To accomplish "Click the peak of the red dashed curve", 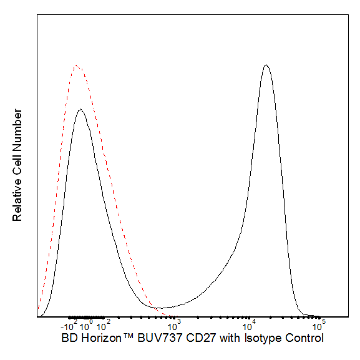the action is coord(75,66).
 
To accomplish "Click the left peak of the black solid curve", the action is coord(80,110).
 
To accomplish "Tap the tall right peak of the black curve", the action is coord(266,65).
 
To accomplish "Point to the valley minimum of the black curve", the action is coord(162,308).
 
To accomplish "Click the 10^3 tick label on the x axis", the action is coord(174,325).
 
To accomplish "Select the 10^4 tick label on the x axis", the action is coord(249,325).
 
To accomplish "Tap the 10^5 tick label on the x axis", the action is coord(319,325).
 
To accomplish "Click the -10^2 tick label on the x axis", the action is coord(69,325).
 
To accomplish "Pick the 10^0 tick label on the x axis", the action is coord(86,325).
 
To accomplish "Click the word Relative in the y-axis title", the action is coord(17,200).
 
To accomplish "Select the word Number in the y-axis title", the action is coord(17,130).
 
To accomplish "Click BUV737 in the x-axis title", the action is coord(160,338).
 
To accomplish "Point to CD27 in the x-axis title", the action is coord(201,338).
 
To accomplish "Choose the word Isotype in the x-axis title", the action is coord(263,338).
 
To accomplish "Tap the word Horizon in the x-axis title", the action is coord(101,338).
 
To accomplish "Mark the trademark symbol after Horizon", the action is coord(129,336).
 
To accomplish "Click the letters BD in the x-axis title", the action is coord(69,338).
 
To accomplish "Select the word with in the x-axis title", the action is coord(230,338).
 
